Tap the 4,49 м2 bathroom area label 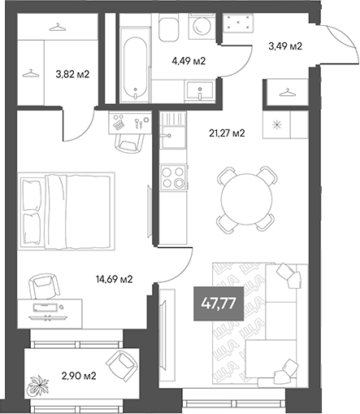point(188,60)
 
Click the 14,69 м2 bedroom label point(114,280)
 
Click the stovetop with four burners point(172,177)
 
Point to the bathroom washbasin point(198,90)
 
